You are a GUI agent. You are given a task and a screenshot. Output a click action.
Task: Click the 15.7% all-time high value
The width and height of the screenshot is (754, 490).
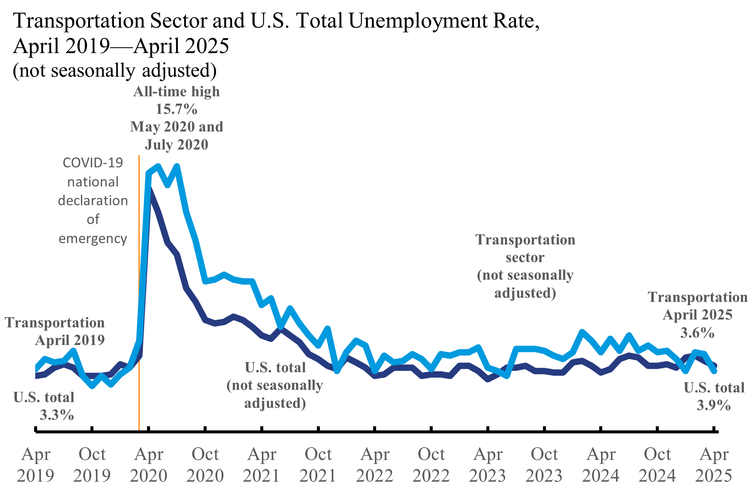[176, 109]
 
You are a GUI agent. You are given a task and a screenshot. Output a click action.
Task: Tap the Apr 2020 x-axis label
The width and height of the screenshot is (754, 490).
[149, 465]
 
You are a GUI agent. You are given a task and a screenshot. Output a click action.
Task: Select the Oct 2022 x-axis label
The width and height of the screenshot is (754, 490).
[431, 465]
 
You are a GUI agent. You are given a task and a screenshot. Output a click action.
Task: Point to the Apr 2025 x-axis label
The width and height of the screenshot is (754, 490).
[714, 465]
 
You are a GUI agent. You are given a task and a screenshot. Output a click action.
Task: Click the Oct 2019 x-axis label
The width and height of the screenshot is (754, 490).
[92, 465]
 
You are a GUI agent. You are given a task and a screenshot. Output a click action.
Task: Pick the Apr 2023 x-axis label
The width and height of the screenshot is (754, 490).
[488, 465]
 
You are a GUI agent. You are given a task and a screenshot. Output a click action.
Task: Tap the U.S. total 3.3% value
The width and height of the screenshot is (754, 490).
[57, 415]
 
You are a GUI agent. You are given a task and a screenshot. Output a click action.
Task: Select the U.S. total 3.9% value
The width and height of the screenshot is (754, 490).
[714, 405]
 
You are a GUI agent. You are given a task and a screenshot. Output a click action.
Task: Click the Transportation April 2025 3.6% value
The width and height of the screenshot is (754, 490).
[697, 333]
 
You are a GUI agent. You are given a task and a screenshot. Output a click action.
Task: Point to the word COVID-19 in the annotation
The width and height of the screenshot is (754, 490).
[93, 163]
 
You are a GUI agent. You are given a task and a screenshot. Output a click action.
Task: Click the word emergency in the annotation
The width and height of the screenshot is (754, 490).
[93, 238]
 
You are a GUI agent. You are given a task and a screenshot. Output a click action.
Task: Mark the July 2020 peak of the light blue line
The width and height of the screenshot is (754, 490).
[177, 166]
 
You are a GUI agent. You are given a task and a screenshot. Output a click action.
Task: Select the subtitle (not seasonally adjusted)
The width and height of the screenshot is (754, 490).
[114, 70]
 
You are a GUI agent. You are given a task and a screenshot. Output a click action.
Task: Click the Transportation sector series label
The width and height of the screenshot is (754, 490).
[525, 266]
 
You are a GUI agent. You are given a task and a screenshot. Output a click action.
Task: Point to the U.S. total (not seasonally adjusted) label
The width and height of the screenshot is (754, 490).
[275, 385]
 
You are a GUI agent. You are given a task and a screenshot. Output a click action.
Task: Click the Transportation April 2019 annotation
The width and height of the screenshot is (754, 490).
[55, 331]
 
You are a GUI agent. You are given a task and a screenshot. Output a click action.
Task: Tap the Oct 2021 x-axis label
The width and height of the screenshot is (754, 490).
[318, 465]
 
